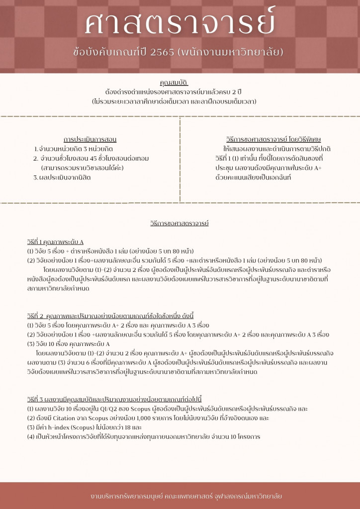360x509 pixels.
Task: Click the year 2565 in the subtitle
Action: point(160,52)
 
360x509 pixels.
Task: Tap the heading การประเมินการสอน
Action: point(90,140)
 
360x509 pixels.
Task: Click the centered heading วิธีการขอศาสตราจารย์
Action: point(180,223)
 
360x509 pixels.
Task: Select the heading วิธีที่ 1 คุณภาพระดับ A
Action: point(55,242)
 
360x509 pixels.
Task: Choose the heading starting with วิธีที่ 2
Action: point(110,316)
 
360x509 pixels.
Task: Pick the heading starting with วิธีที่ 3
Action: point(114,400)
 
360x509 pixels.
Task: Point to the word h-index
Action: point(54,427)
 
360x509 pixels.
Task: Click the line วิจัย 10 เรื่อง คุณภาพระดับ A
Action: point(68,344)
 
